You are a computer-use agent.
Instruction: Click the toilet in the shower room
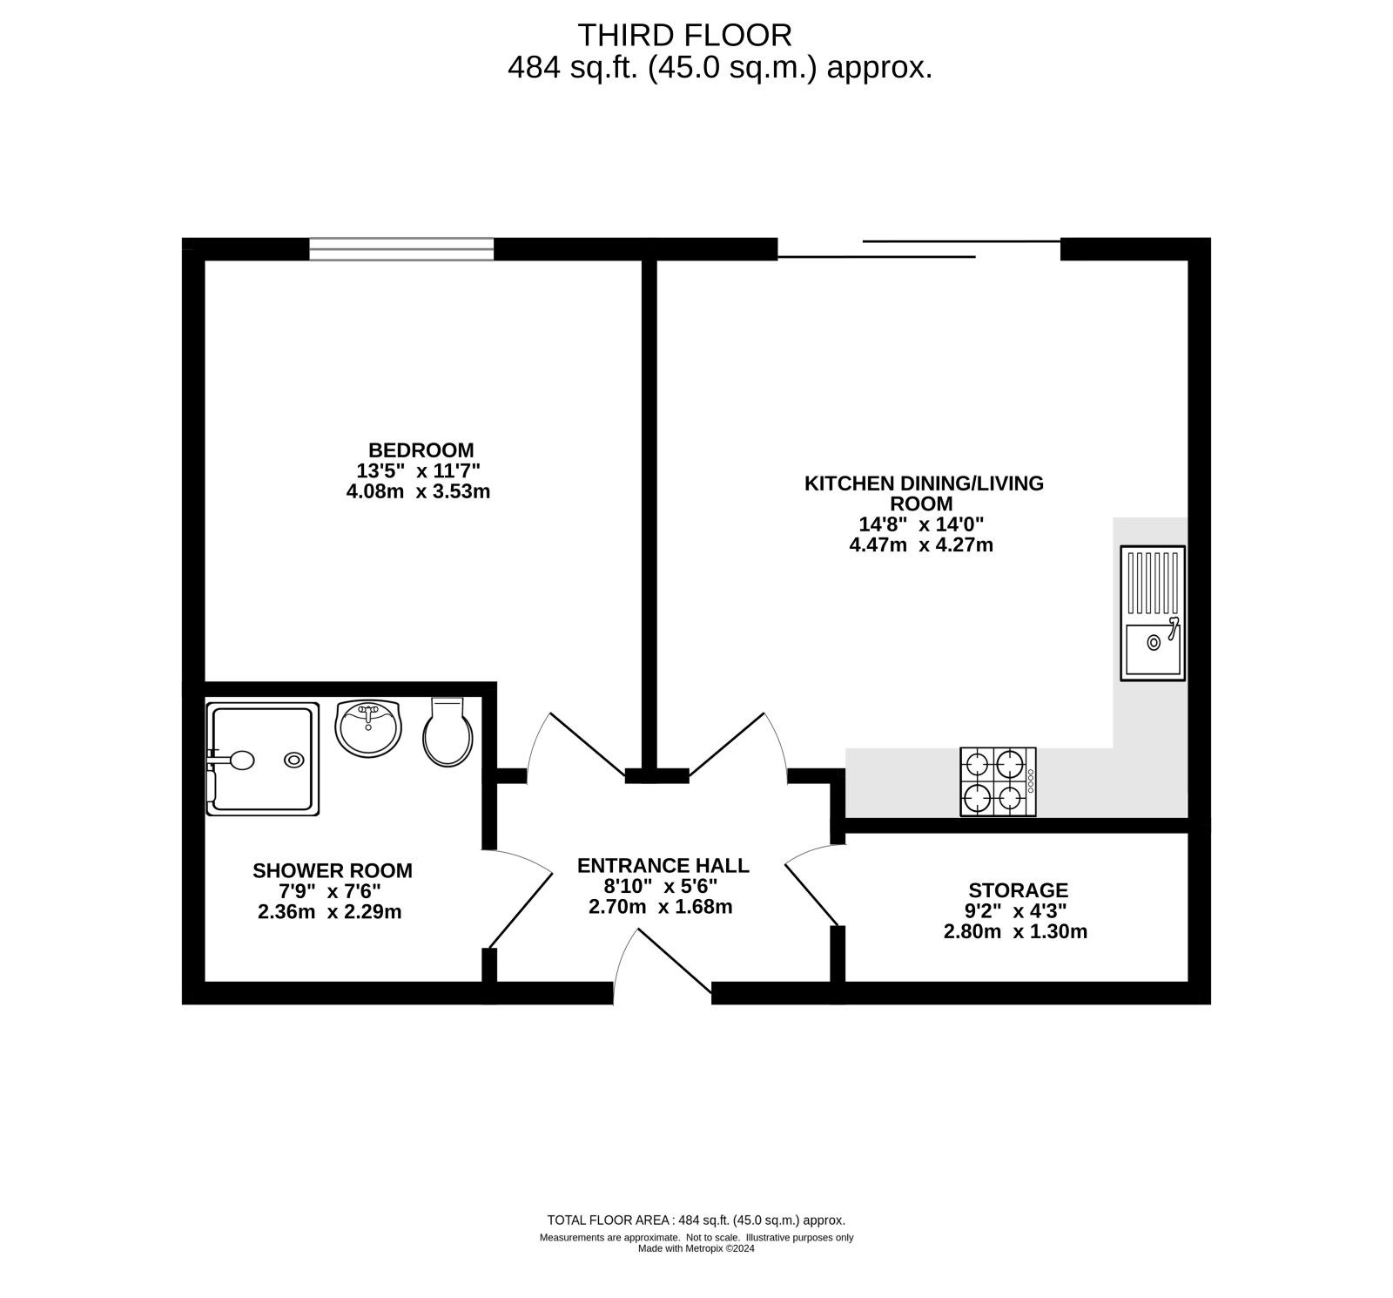(448, 732)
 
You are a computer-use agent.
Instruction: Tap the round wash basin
(369, 728)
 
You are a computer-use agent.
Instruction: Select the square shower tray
(263, 761)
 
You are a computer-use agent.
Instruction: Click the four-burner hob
(998, 781)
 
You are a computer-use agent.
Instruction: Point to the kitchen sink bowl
(1152, 650)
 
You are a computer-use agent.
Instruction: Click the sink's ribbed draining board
(1152, 585)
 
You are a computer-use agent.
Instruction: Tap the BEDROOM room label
(421, 450)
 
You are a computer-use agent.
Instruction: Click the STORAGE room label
(1018, 890)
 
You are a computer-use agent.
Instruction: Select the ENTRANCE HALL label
(663, 865)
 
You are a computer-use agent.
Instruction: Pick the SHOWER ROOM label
(333, 870)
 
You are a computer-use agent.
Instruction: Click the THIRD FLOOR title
(685, 35)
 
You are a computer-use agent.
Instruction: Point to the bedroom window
(401, 249)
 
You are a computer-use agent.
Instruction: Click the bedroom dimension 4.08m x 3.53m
(418, 491)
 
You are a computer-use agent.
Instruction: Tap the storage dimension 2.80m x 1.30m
(1015, 932)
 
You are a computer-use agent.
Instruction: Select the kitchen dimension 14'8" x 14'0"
(921, 524)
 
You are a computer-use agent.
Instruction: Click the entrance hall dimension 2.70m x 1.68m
(661, 907)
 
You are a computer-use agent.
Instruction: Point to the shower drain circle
(294, 760)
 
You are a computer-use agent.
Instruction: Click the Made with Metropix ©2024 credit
(696, 1248)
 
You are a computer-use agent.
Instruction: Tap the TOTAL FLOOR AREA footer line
(696, 1220)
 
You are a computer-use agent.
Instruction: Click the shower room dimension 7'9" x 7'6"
(330, 891)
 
